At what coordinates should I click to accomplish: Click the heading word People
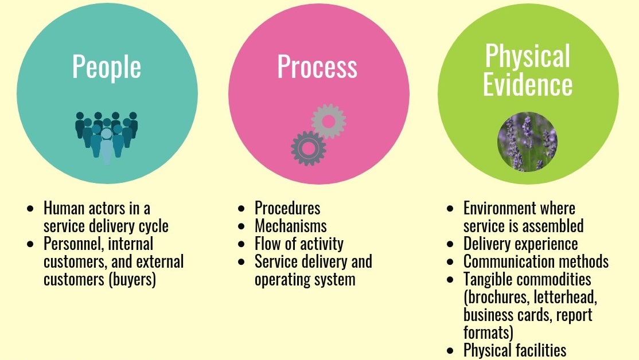pyautogui.click(x=107, y=67)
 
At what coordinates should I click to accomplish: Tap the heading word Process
pyautogui.click(x=317, y=67)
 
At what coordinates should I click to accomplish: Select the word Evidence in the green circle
pyautogui.click(x=528, y=84)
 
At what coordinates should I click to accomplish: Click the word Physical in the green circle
pyautogui.click(x=528, y=56)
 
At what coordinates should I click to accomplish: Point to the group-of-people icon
pyautogui.click(x=107, y=136)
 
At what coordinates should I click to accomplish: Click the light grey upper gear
pyautogui.click(x=329, y=121)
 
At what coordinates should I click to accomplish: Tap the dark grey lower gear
pyautogui.click(x=309, y=148)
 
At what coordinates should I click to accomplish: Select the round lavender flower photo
pyautogui.click(x=528, y=142)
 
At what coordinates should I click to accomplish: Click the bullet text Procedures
pyautogui.click(x=287, y=208)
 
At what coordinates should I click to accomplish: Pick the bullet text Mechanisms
pyautogui.click(x=291, y=226)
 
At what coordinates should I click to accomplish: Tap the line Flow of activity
pyautogui.click(x=299, y=244)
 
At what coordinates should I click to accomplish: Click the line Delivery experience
pyautogui.click(x=521, y=244)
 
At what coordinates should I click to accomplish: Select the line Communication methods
pyautogui.click(x=536, y=261)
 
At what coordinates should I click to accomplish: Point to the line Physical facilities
pyautogui.click(x=515, y=350)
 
